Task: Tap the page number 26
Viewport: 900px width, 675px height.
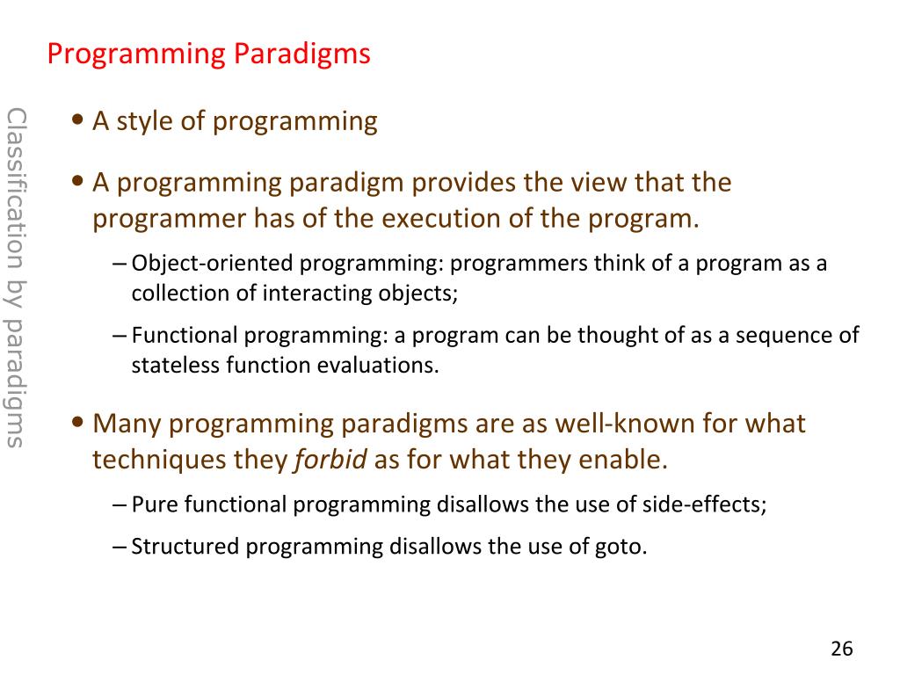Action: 841,649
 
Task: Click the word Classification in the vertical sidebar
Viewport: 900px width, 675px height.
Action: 16,190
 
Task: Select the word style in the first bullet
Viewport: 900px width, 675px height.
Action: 145,121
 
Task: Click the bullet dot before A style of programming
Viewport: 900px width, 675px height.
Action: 78,120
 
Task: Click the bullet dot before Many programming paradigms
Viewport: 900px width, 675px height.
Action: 78,423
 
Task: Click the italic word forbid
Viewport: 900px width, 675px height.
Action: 330,459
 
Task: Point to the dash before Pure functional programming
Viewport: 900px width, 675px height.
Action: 120,505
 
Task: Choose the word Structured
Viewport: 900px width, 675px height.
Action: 185,547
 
